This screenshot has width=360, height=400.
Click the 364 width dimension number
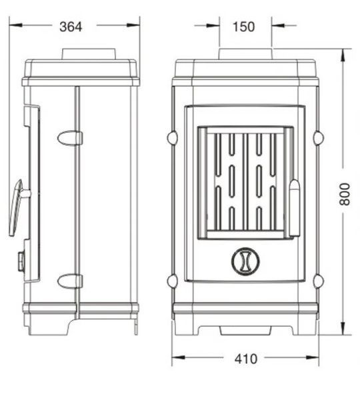point(71,27)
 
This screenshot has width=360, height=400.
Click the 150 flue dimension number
point(243,27)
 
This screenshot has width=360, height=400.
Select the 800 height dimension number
point(345,194)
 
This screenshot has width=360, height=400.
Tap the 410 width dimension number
point(246,359)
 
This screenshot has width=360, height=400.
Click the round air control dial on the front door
point(245,261)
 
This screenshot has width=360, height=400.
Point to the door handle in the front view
point(295,208)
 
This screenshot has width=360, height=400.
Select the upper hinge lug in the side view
point(69,138)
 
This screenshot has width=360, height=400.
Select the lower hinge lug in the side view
point(69,281)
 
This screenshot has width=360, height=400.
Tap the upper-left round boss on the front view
point(172,138)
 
